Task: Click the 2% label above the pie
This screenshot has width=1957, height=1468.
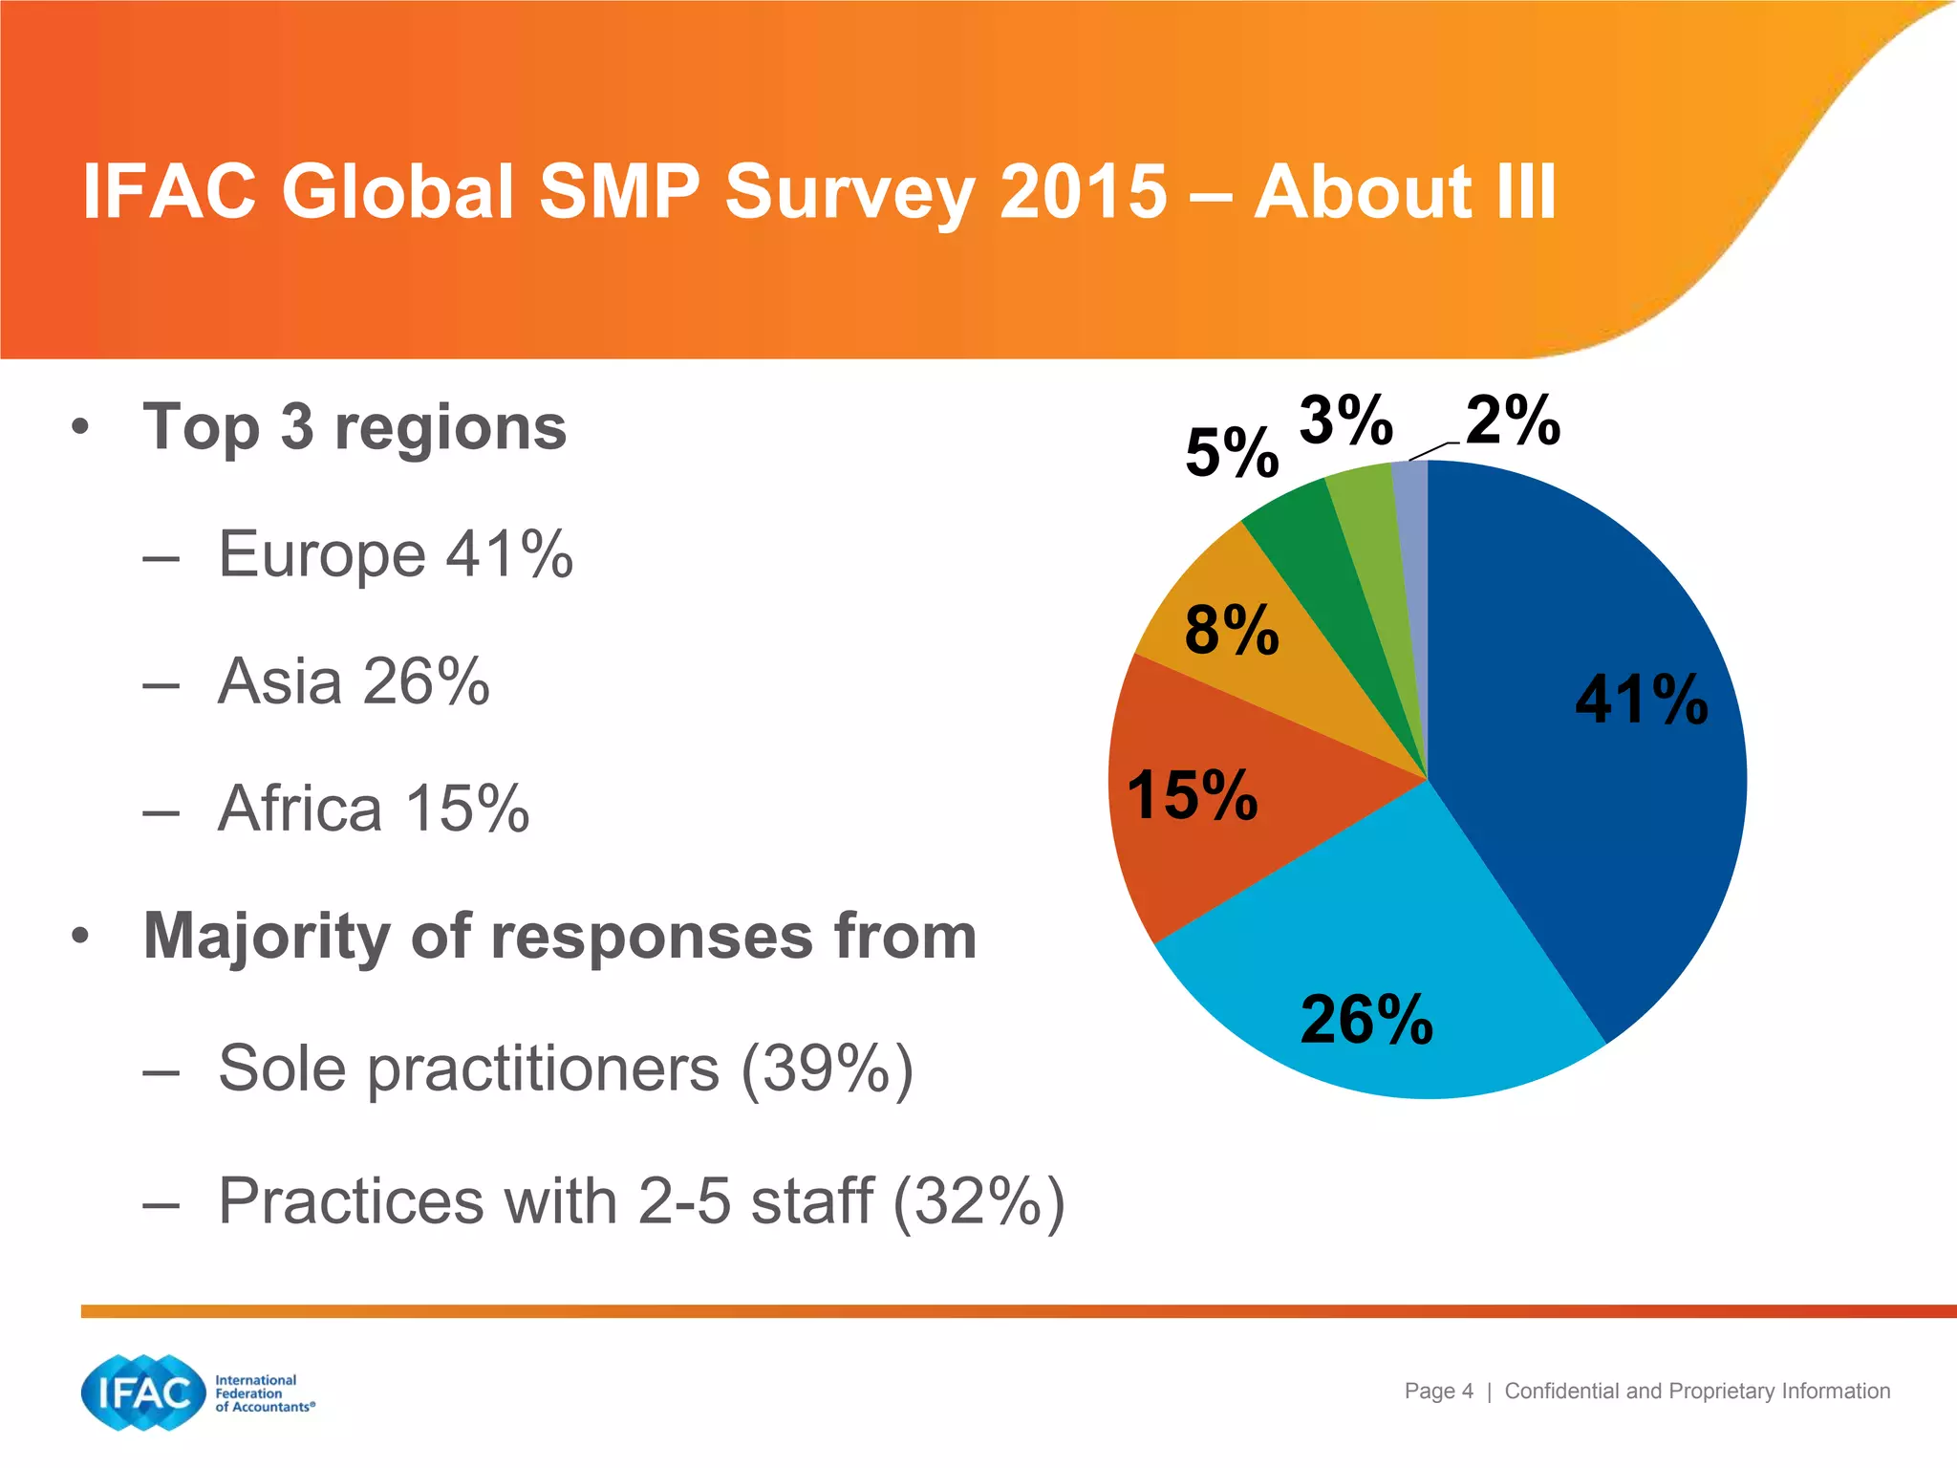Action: pos(1513,421)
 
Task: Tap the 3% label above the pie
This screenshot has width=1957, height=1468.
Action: pos(1345,421)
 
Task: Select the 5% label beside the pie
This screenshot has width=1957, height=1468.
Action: pos(1232,453)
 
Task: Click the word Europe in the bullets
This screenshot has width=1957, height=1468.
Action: pos(321,554)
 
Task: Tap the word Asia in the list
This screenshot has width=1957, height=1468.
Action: pos(279,682)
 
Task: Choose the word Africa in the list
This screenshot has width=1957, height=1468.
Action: pos(300,810)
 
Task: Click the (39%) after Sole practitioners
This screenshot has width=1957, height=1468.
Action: pos(828,1069)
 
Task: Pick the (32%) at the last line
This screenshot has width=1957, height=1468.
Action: pos(978,1201)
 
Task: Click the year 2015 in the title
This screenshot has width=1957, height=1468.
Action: pos(1083,191)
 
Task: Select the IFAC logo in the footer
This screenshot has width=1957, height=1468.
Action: pos(143,1392)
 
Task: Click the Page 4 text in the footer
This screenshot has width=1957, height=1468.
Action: pos(1438,1392)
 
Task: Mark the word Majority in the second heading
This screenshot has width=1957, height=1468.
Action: pos(267,937)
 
